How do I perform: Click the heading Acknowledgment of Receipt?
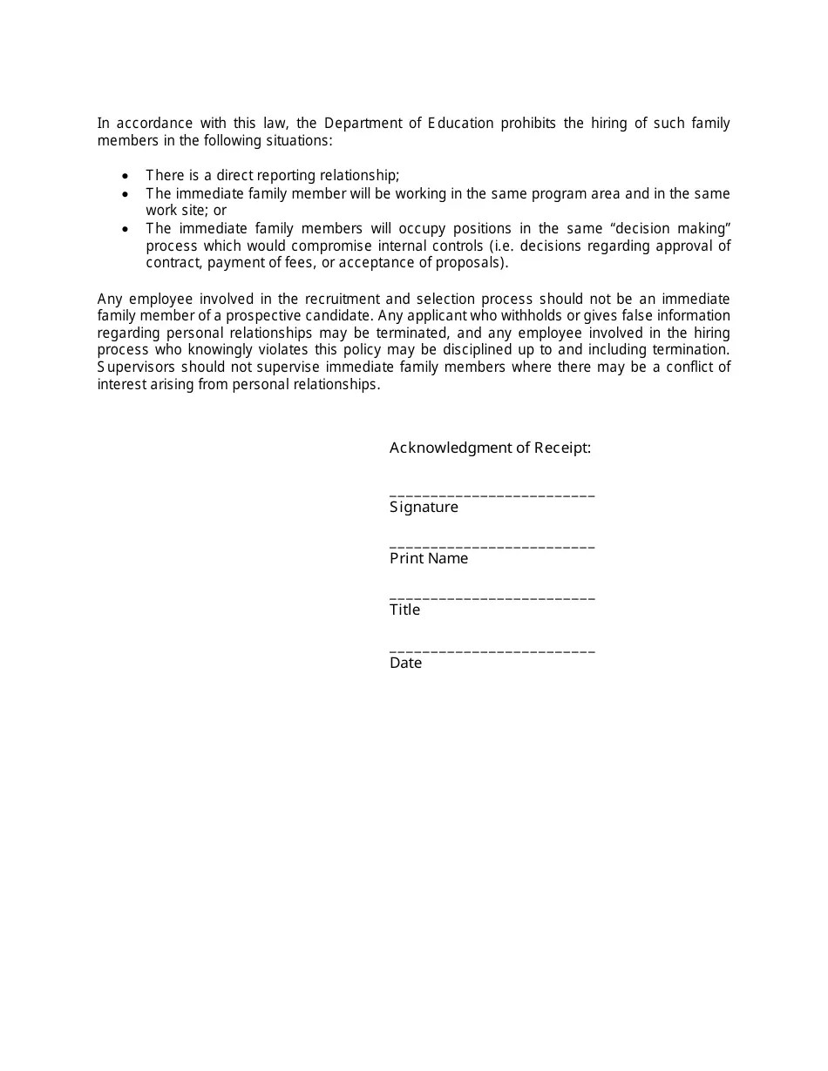pos(490,448)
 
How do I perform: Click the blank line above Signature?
pos(492,495)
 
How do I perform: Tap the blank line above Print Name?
pos(492,547)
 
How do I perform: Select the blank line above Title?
pos(492,598)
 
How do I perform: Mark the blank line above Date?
pos(492,650)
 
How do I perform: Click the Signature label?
pos(424,508)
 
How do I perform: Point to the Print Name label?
pos(429,559)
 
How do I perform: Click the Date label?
pos(405,663)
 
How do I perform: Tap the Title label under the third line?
pos(404,610)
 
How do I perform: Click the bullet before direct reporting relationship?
pos(126,176)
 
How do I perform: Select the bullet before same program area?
pos(126,193)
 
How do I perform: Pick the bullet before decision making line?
pos(126,229)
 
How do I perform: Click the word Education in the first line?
pos(460,124)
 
